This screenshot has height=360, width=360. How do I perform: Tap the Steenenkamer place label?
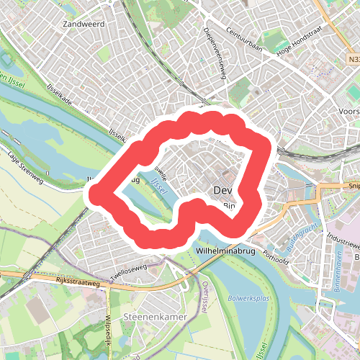click(x=150, y=318)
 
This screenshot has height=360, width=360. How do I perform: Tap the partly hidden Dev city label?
click(x=223, y=190)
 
